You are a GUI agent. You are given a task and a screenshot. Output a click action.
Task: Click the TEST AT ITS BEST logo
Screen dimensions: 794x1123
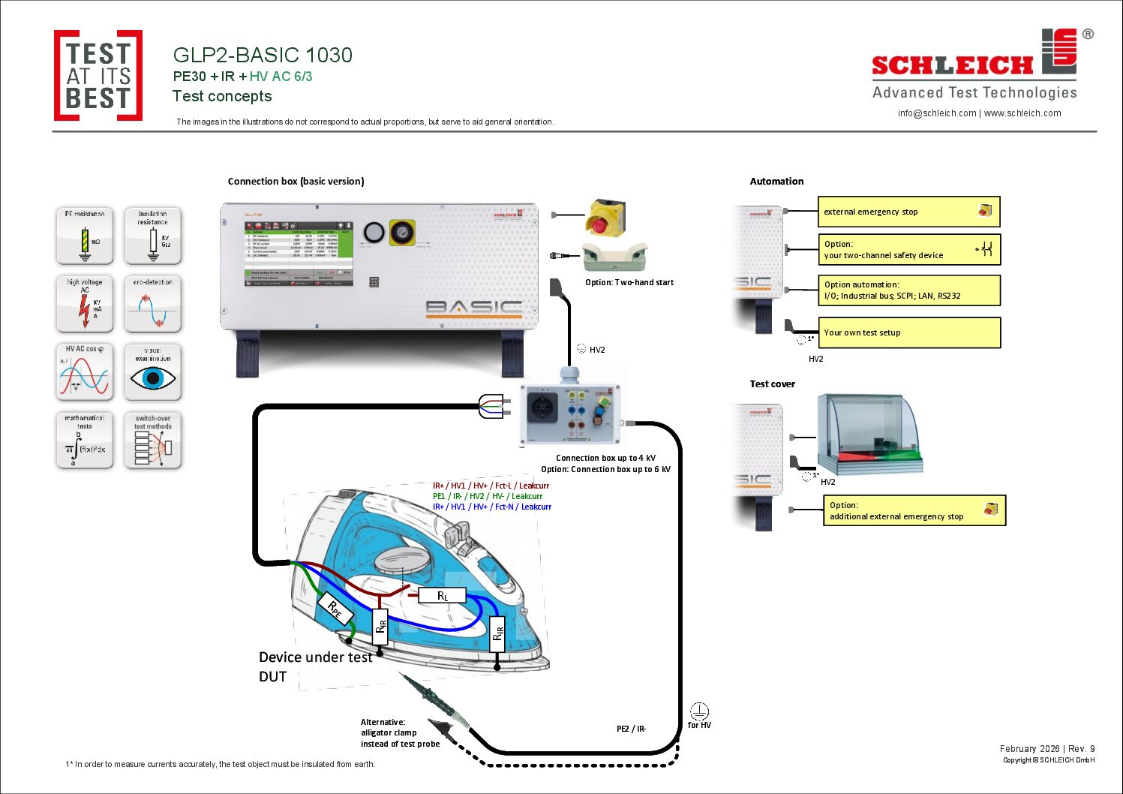pyautogui.click(x=98, y=76)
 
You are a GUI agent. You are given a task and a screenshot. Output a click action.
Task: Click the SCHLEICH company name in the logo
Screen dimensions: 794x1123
pyautogui.click(x=952, y=66)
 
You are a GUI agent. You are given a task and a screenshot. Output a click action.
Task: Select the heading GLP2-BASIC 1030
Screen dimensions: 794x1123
pyautogui.click(x=263, y=56)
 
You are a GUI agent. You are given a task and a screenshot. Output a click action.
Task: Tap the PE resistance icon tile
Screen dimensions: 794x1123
pyautogui.click(x=85, y=236)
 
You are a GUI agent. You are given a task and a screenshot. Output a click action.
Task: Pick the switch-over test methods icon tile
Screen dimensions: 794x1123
pyautogui.click(x=153, y=441)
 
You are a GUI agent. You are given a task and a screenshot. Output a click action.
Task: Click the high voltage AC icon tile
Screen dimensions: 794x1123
pyautogui.click(x=85, y=304)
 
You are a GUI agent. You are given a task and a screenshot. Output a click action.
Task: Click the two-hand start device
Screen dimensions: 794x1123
pyautogui.click(x=614, y=257)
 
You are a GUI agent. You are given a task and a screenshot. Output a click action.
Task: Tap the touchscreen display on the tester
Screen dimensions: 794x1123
pyautogui.click(x=299, y=254)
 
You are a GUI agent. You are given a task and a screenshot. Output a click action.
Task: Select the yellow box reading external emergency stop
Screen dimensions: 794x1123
pyautogui.click(x=908, y=212)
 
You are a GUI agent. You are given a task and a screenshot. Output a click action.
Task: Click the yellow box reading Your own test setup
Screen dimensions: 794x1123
pyautogui.click(x=908, y=332)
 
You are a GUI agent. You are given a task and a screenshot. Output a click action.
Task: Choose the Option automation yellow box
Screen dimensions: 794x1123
pyautogui.click(x=908, y=290)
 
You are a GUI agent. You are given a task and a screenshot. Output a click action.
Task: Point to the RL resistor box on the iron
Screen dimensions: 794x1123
pyautogui.click(x=443, y=596)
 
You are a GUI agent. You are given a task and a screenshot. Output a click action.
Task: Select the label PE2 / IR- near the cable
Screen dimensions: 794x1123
pyautogui.click(x=631, y=729)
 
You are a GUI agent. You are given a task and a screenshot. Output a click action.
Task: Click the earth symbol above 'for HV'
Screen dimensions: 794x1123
pyautogui.click(x=699, y=711)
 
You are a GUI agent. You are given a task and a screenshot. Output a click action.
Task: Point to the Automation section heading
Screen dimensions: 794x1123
pyautogui.click(x=776, y=182)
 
